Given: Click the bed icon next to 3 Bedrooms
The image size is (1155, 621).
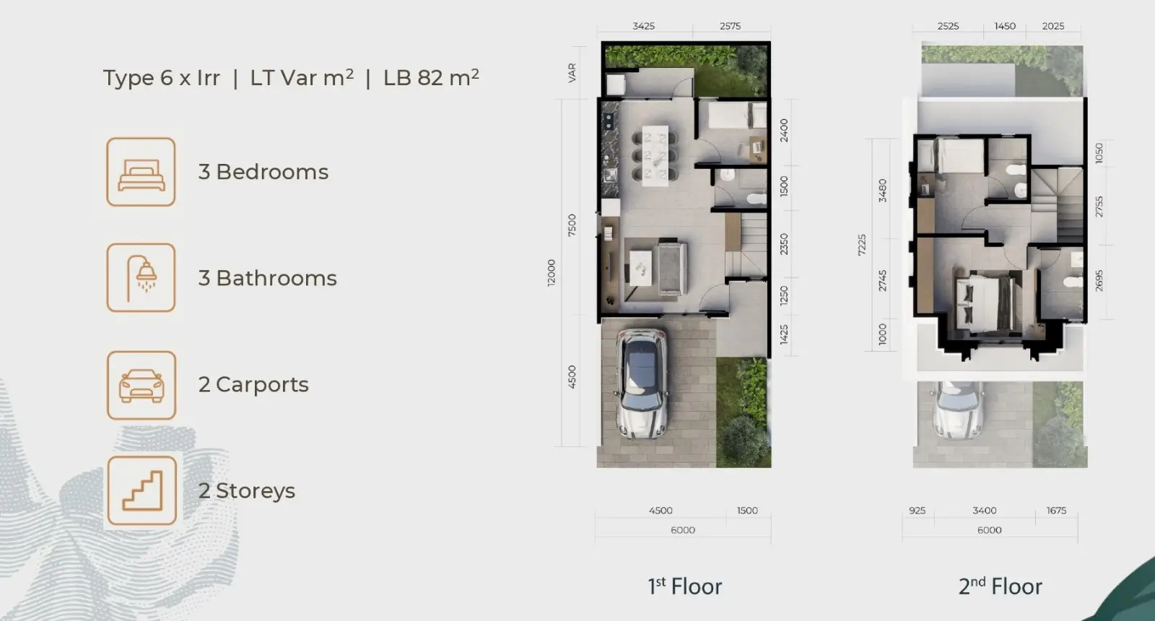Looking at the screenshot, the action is point(141,173).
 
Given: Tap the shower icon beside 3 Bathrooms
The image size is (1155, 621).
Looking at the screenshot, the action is point(141,278).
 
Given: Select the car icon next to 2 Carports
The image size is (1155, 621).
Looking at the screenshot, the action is point(141,386).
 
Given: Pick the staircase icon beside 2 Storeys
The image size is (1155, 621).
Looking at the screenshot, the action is point(141,490).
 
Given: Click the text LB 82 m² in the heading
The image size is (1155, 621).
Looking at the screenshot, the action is point(431,77).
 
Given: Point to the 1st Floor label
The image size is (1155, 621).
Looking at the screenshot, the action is point(685,586).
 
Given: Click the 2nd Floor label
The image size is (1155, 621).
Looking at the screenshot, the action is point(1001,586).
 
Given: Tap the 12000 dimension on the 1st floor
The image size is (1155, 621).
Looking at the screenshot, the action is point(552,273).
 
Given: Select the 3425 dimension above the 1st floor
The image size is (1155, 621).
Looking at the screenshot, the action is point(643,26).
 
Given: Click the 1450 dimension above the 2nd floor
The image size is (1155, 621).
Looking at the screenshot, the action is point(1004,26).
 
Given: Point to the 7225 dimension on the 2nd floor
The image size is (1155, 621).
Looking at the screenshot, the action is point(862,245).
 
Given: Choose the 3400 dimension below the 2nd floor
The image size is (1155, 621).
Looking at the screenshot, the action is point(985,511).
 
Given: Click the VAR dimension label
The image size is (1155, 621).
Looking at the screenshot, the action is point(572,73).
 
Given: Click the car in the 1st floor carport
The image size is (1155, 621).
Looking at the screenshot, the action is point(642,384).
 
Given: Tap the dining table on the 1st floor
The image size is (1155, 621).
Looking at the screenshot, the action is point(655,155).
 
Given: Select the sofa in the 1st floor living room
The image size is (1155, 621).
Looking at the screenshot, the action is point(671,268).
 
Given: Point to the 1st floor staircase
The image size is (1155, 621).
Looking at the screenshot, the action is point(746,246).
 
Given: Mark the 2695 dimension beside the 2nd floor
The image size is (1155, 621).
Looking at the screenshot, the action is point(1099,281).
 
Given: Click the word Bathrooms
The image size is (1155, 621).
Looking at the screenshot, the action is point(276,278).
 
